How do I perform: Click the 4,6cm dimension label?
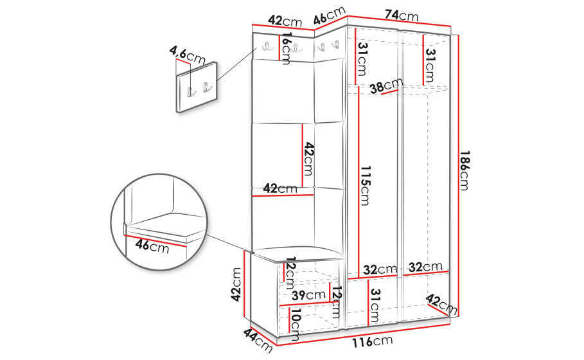188,55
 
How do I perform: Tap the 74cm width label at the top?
402,15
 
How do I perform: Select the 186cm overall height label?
465,171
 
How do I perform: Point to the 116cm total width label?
373,341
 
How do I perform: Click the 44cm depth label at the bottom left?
258,339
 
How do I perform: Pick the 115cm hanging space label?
365,186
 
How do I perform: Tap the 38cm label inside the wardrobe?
387,85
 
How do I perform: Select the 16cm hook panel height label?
286,48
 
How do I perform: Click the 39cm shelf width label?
308,295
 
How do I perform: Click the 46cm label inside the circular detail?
152,246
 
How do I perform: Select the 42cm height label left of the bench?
236,285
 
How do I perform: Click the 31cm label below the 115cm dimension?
375,305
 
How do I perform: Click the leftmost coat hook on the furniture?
267,46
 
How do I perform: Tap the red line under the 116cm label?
364,335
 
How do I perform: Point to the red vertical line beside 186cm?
458,175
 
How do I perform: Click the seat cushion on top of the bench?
298,253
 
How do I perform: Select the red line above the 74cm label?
399,21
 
